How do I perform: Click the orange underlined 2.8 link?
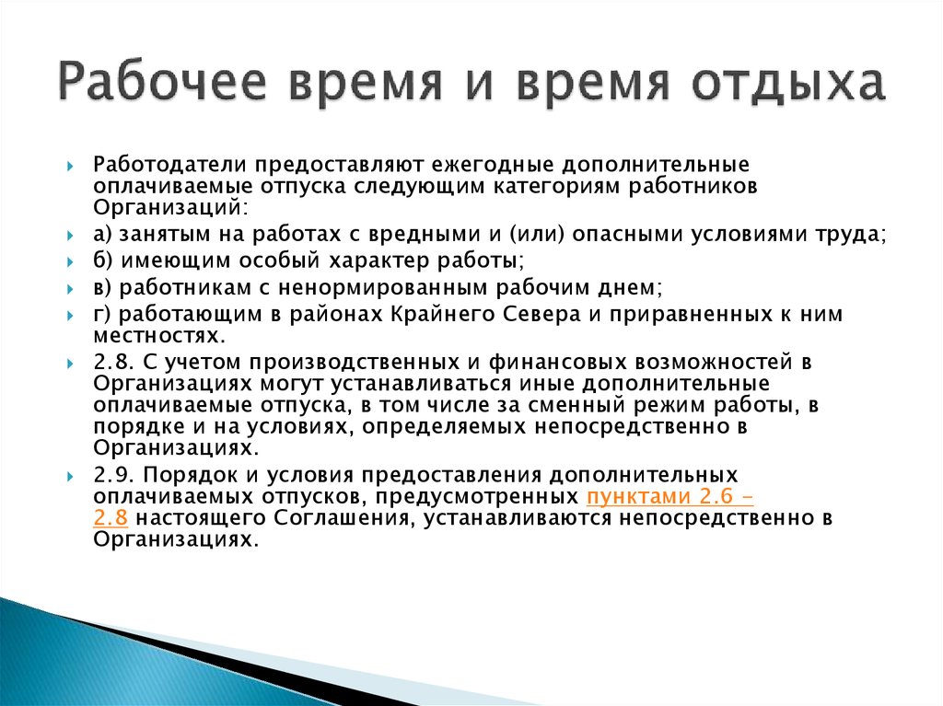point(111,518)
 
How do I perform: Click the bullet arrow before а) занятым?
point(70,235)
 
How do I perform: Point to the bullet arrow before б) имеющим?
point(70,261)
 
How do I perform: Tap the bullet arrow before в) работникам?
point(70,289)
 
